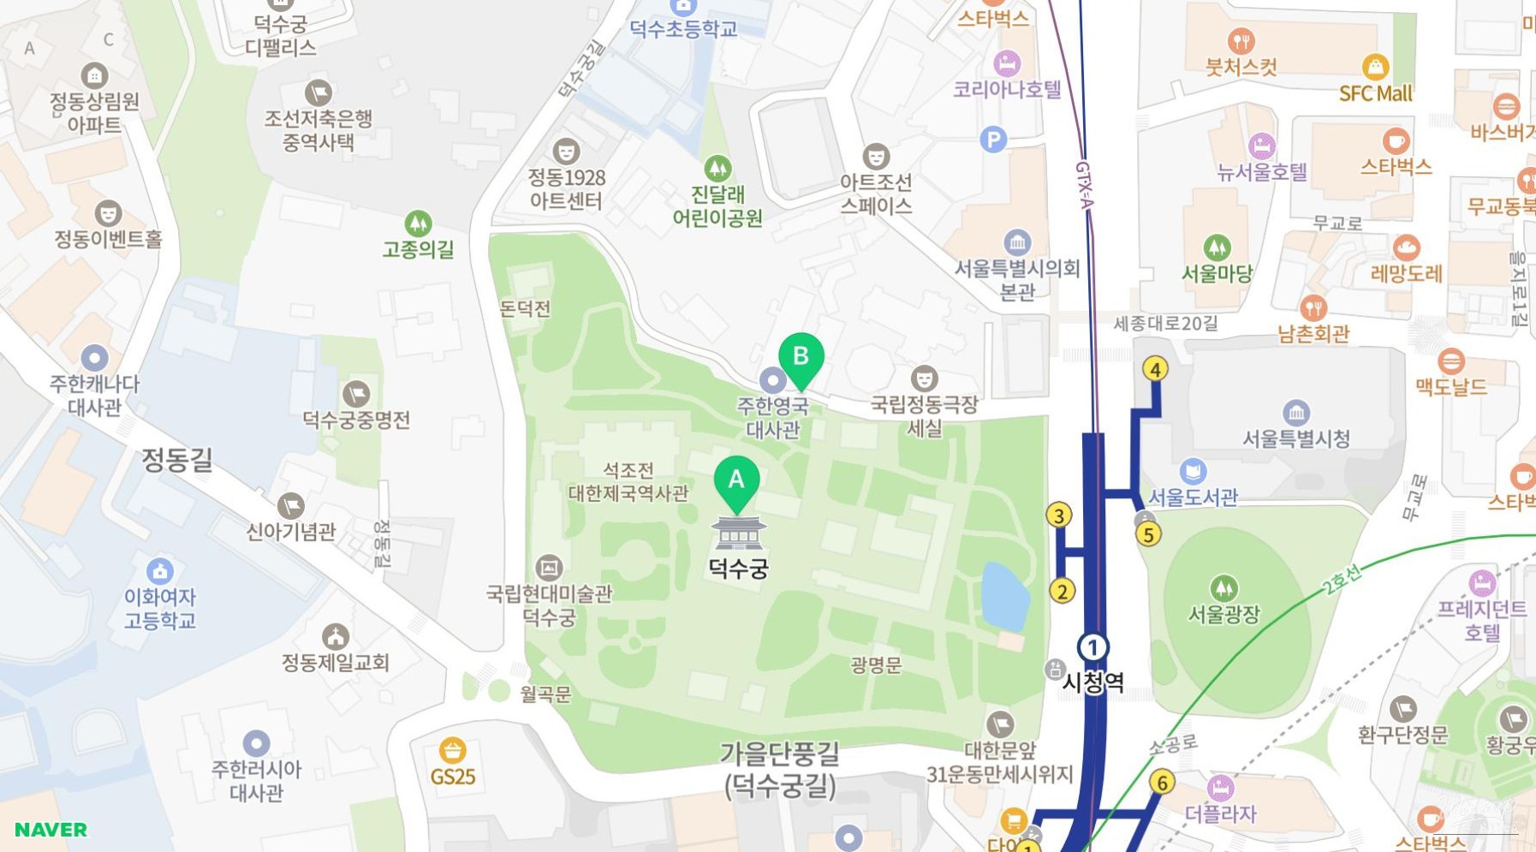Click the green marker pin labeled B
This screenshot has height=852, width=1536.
[x=801, y=358]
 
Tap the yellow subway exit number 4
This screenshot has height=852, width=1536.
[x=1155, y=369]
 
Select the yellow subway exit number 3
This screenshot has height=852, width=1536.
[x=1059, y=515]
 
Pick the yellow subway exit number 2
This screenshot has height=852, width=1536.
[x=1062, y=591]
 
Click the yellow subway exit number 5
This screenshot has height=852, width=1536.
[x=1148, y=534]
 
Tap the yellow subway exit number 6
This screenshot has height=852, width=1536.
[x=1162, y=782]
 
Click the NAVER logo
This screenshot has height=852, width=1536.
[x=51, y=830]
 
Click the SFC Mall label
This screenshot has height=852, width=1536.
[x=1375, y=93]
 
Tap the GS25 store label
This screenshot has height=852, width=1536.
[x=452, y=777]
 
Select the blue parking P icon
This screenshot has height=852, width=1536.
[x=993, y=140]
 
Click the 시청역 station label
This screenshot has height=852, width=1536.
[x=1092, y=682]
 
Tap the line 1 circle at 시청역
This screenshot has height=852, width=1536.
[x=1092, y=647]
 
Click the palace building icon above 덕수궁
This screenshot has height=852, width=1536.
[x=738, y=533]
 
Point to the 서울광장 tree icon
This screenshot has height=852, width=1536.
[x=1223, y=588]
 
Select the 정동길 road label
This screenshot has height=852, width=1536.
[x=176, y=461]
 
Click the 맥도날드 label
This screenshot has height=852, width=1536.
[x=1450, y=387]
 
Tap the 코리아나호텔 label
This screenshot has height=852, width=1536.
[x=1007, y=89]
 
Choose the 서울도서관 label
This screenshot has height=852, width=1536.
[x=1193, y=497]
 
